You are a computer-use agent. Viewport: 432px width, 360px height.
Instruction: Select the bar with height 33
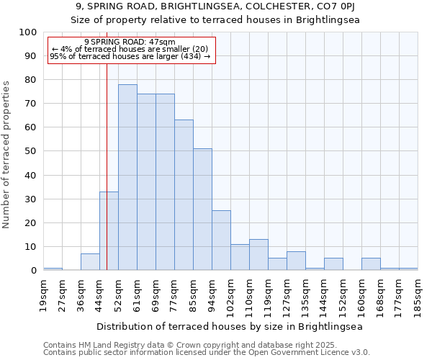(109, 230)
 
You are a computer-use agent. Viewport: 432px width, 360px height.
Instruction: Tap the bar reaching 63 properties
(184, 195)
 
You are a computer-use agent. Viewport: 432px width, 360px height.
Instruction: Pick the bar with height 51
(202, 210)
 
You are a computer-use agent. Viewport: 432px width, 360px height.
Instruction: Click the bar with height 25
(221, 240)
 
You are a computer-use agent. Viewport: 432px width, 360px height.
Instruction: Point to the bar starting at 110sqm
(258, 255)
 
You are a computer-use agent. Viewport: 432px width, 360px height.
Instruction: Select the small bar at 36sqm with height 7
(90, 262)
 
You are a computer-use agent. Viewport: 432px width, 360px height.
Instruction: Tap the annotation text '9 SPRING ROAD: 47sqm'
(130, 42)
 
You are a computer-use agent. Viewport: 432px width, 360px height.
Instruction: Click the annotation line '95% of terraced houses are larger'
(130, 56)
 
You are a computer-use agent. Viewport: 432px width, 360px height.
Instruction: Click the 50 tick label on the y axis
(30, 151)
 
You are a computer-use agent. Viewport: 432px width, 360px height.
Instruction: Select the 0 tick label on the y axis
(33, 271)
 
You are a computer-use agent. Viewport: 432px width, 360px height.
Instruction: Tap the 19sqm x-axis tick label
(43, 295)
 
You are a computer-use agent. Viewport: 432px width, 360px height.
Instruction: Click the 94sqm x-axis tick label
(212, 295)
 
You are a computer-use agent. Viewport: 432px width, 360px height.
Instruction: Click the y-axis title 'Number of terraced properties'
(6, 154)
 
